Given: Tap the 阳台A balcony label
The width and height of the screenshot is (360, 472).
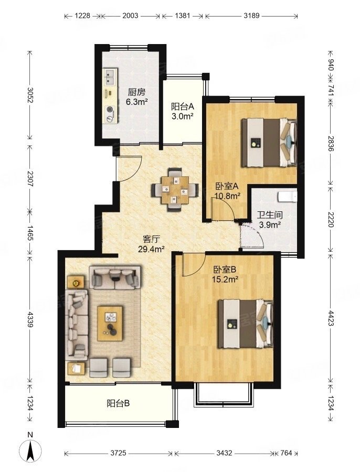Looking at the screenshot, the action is pyautogui.click(x=182, y=106).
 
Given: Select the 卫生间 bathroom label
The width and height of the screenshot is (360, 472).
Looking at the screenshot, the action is pyautogui.click(x=270, y=215).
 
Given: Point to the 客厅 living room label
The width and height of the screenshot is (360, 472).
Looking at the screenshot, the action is pyautogui.click(x=151, y=239).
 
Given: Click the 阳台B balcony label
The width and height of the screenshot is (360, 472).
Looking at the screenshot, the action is pyautogui.click(x=118, y=403).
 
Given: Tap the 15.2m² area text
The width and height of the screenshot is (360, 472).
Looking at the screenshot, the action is pyautogui.click(x=225, y=280).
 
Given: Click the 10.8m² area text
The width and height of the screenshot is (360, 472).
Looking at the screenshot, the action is pyautogui.click(x=227, y=196).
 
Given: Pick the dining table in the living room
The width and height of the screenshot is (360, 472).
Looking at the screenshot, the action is pyautogui.click(x=175, y=190).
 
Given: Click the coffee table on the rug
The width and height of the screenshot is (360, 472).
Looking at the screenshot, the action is pyautogui.click(x=110, y=324).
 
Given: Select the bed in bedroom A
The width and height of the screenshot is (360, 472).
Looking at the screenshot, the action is pyautogui.click(x=269, y=142).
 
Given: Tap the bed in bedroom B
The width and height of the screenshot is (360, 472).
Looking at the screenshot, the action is pyautogui.click(x=246, y=324).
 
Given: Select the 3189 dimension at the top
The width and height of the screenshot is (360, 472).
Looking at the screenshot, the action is pyautogui.click(x=251, y=15).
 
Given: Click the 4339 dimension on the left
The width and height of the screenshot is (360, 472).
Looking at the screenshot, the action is pyautogui.click(x=30, y=319).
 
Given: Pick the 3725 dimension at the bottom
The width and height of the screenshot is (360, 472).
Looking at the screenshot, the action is pyautogui.click(x=118, y=453).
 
